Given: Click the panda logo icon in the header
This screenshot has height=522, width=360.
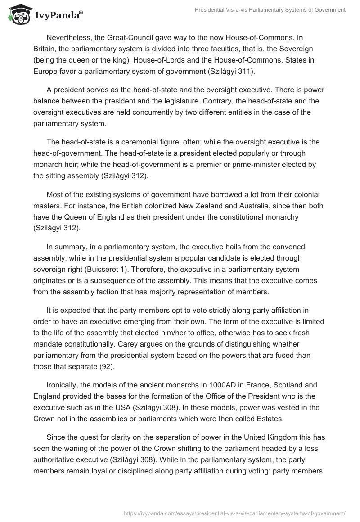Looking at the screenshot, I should point(17,15).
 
